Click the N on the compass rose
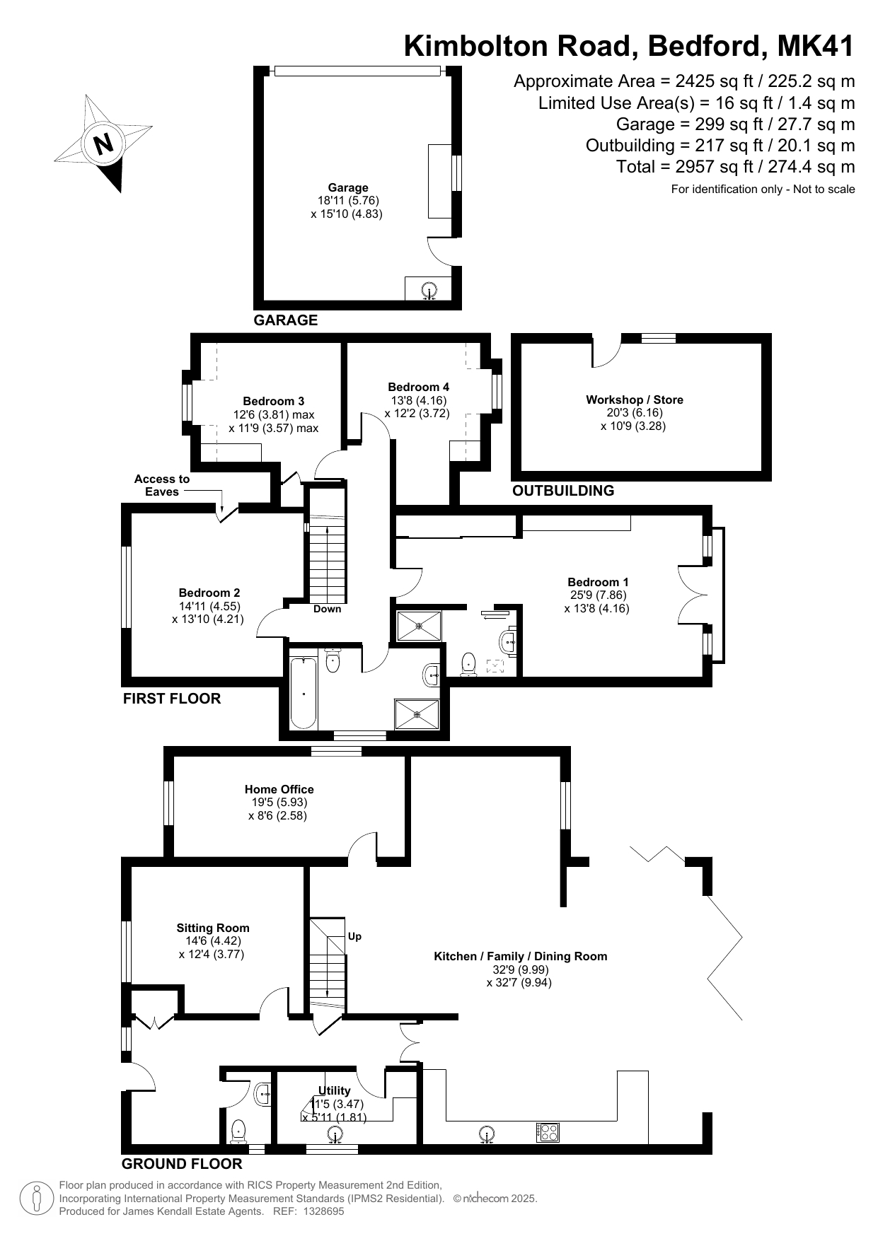point(104,144)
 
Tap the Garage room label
point(348,187)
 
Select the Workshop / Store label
point(635,400)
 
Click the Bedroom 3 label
point(274,401)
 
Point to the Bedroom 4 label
point(418,387)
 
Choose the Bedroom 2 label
point(209,593)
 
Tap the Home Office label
point(279,789)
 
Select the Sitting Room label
point(213,928)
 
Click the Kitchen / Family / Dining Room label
point(521,956)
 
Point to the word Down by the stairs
point(328,609)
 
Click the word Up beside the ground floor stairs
point(354,936)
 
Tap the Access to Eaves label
point(162,485)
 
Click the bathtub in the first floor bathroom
point(304,692)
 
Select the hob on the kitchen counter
point(548,1132)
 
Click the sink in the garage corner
point(429,290)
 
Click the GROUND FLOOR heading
point(182,1163)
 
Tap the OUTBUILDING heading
point(563,490)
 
